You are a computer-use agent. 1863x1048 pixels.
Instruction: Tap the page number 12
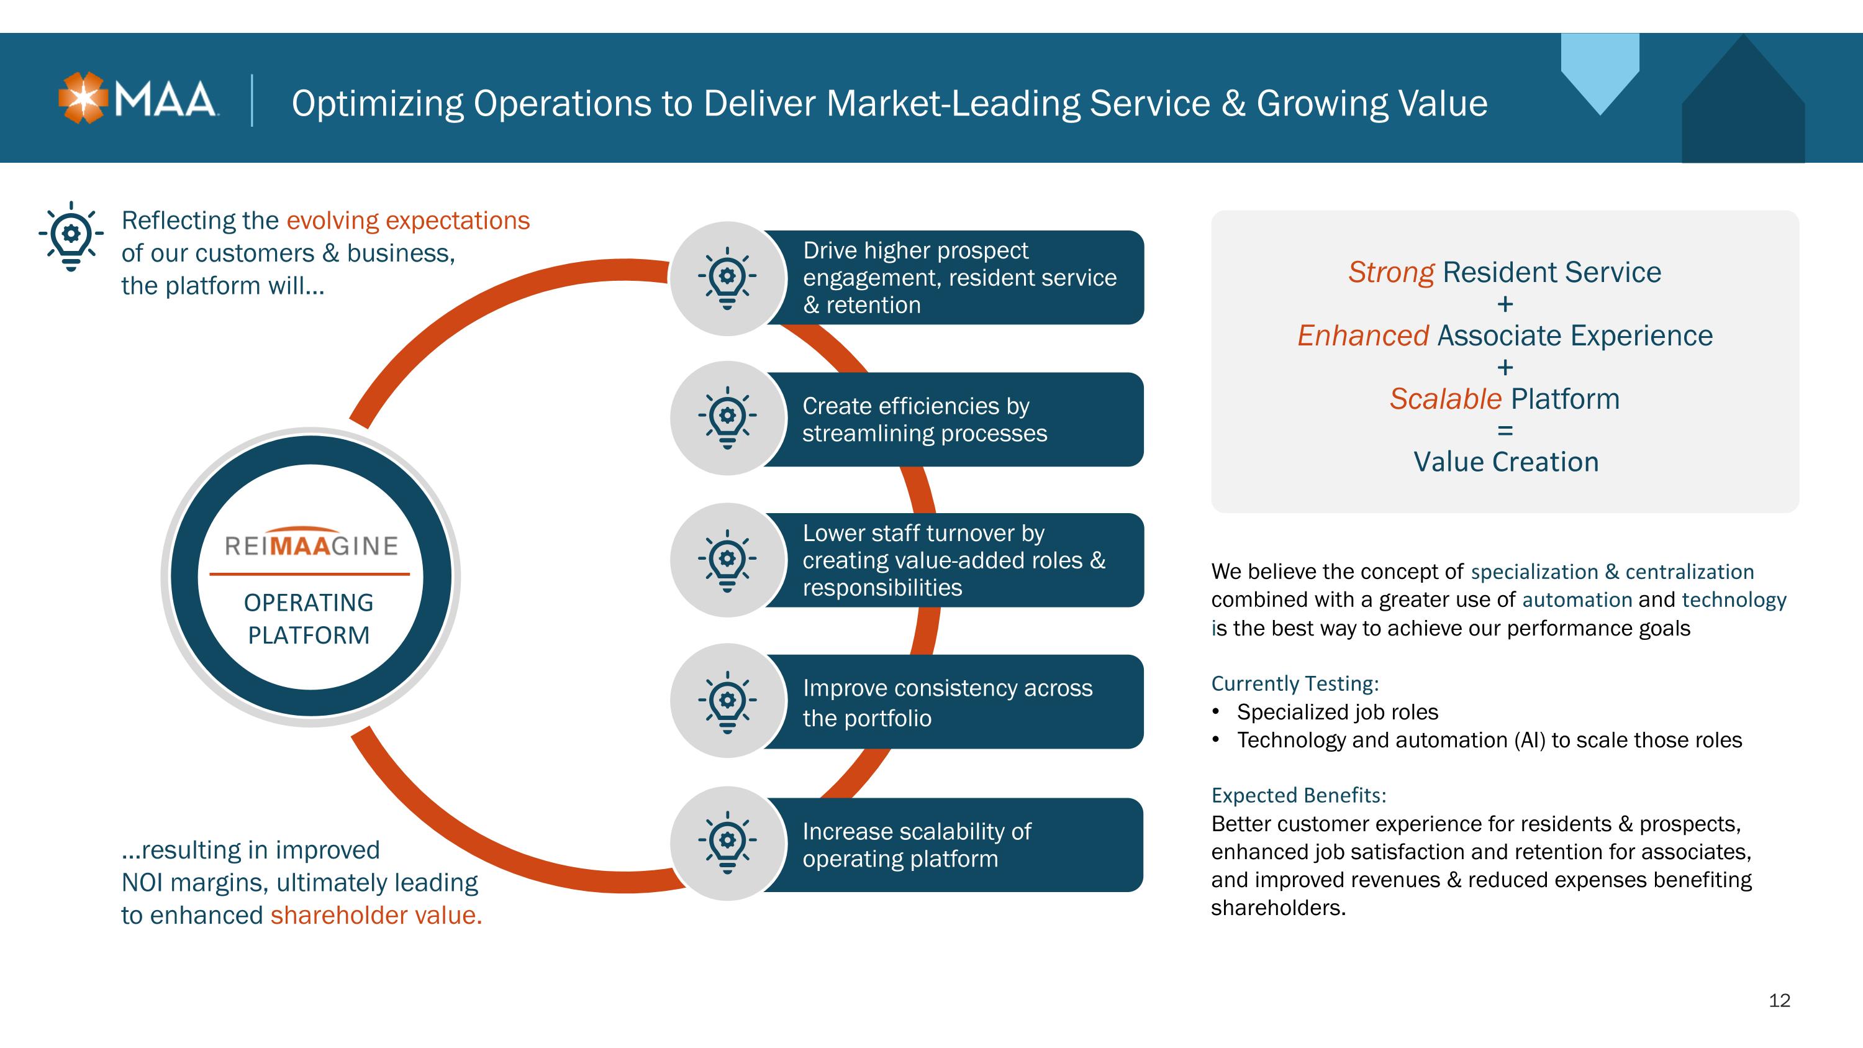1779,1000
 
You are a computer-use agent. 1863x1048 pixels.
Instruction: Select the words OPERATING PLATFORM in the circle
309,618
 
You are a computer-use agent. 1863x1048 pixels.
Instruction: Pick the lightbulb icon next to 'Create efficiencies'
728,418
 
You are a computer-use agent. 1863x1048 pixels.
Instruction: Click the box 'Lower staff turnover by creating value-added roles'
953,560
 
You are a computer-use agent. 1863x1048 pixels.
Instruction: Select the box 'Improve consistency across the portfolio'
953,701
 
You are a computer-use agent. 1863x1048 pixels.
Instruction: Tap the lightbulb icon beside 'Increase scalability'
728,842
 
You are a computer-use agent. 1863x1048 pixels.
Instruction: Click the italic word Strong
1391,272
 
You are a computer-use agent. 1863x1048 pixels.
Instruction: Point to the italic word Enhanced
1363,335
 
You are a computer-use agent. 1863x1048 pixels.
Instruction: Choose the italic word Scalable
1446,399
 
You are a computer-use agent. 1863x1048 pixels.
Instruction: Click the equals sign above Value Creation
1505,431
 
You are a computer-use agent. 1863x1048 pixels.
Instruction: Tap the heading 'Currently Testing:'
1295,683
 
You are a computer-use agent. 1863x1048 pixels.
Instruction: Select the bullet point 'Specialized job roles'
1337,713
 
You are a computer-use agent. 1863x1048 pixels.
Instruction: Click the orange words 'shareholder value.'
376,915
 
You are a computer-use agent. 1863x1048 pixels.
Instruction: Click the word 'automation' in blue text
1577,599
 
